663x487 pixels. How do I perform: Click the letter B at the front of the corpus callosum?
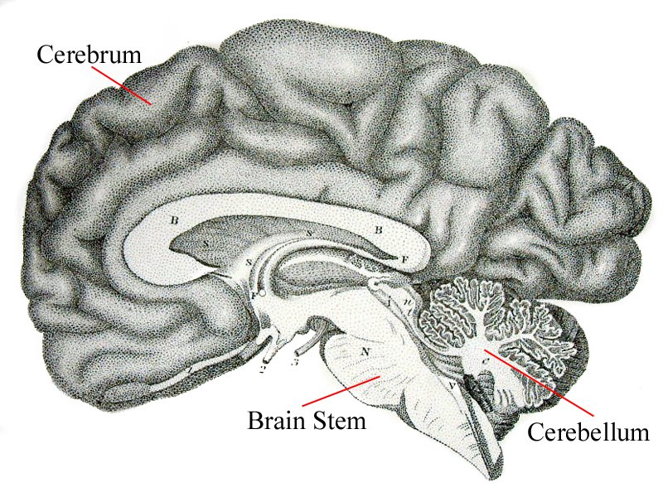174,221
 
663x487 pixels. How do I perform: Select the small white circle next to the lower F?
262,292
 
